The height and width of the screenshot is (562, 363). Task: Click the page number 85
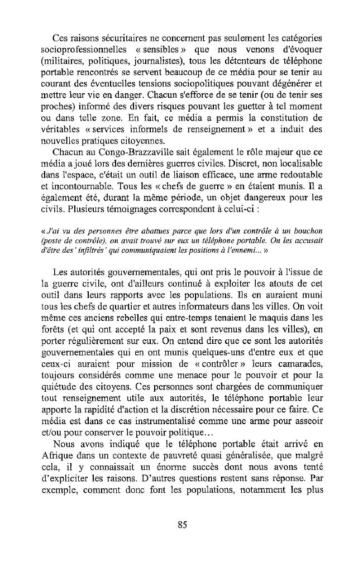[181, 524]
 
